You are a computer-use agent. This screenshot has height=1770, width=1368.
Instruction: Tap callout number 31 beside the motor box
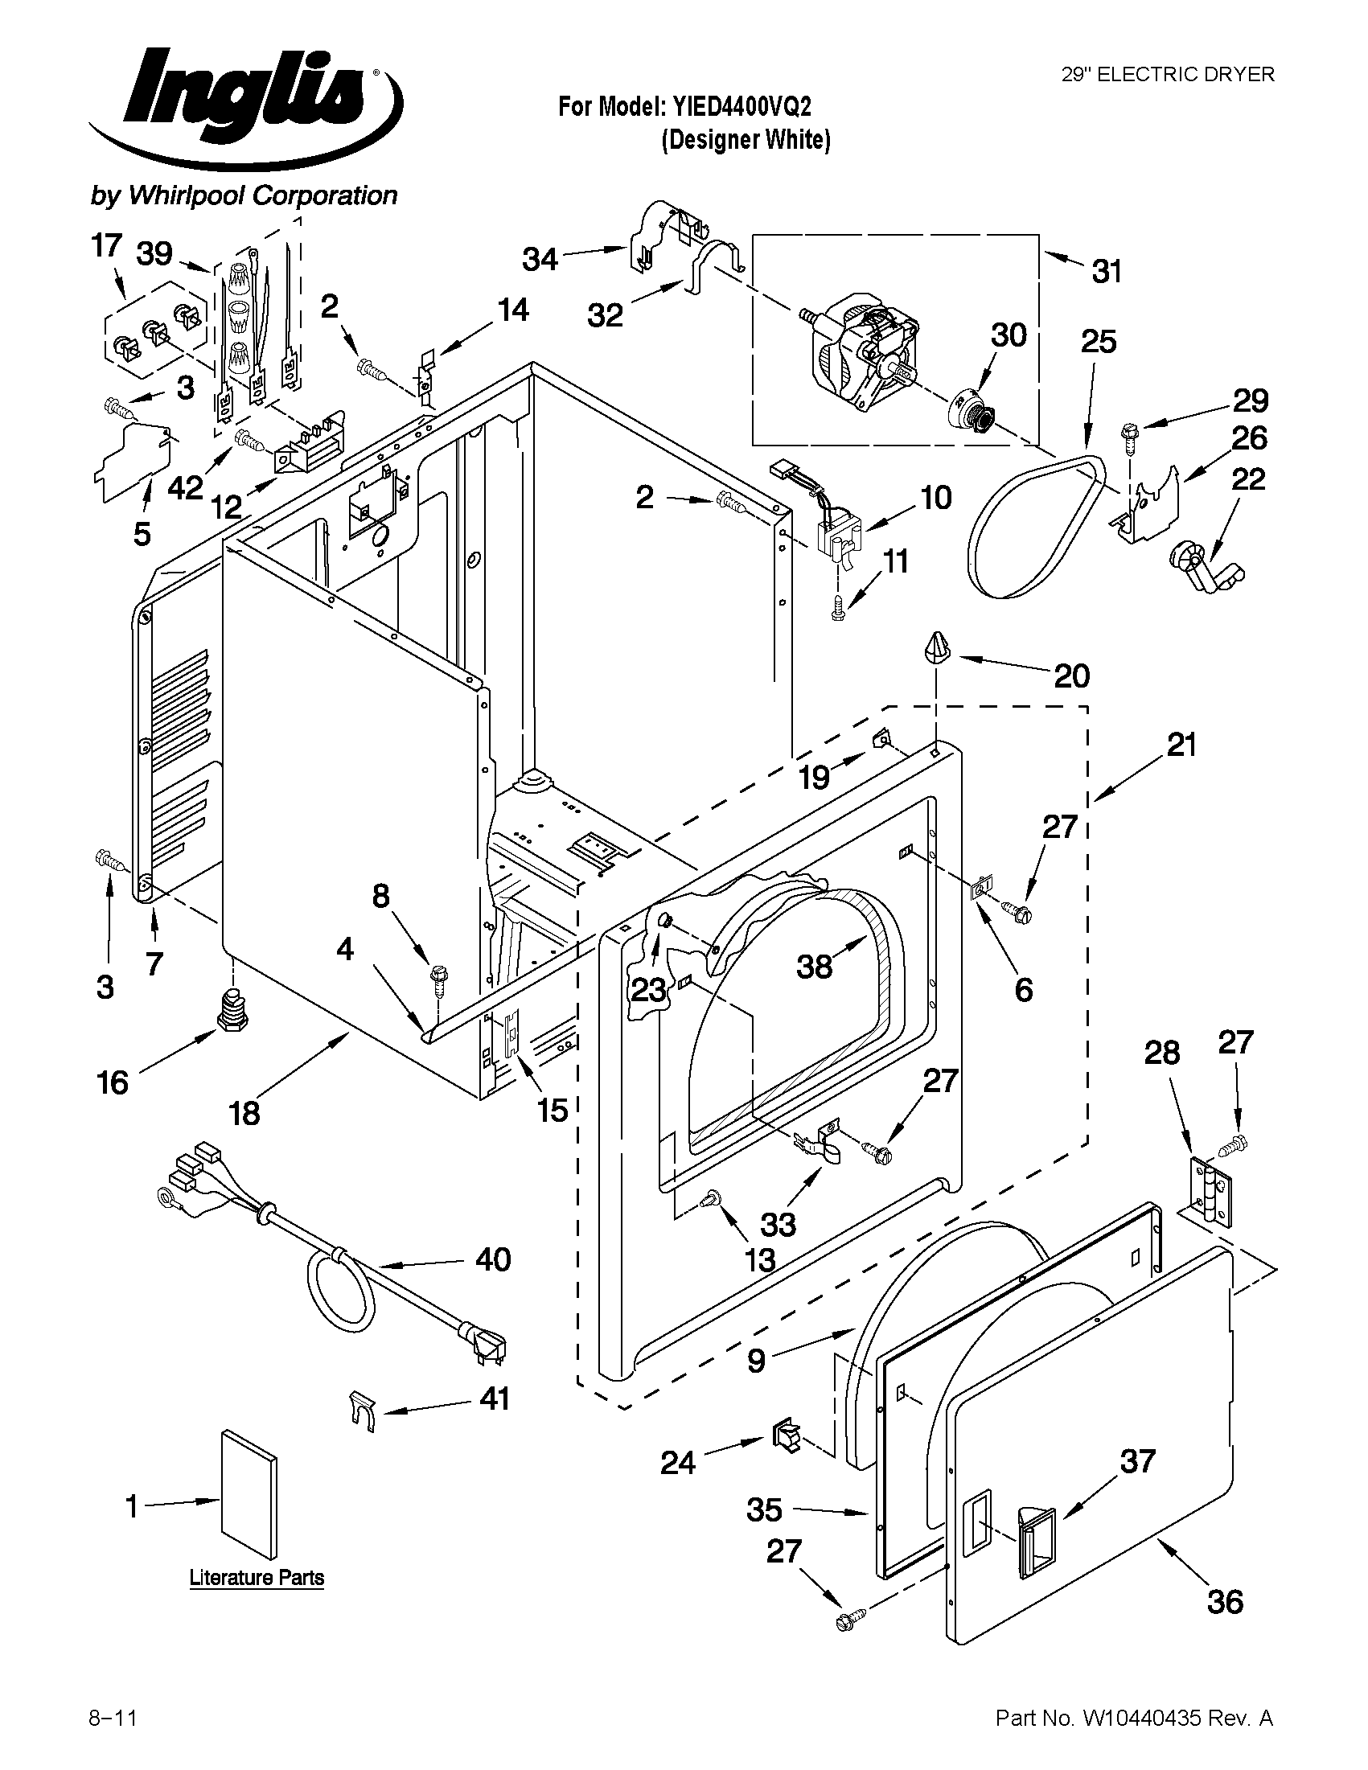point(1107,272)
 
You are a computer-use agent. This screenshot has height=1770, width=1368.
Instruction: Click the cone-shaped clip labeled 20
point(936,648)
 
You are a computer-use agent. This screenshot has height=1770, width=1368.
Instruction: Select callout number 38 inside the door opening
point(814,966)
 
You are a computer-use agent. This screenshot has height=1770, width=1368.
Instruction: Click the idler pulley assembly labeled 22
point(1204,568)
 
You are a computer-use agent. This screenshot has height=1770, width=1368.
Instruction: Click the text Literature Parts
point(256,1578)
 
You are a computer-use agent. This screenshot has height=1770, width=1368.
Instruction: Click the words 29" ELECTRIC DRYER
point(1168,75)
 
